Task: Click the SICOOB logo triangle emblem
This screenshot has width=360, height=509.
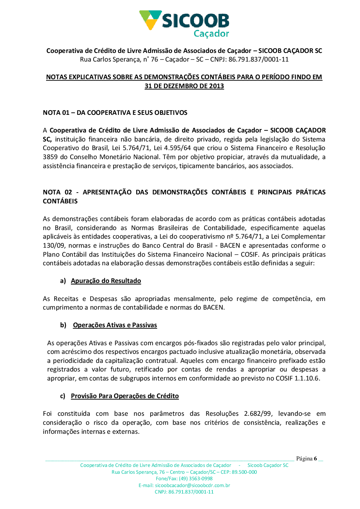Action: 150,19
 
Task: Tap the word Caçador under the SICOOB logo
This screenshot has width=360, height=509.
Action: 211,33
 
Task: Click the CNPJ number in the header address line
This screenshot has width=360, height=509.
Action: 258,59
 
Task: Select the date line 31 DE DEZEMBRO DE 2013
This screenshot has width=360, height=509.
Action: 184,86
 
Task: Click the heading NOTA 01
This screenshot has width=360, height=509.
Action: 56,113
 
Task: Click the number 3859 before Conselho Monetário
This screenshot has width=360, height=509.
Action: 50,157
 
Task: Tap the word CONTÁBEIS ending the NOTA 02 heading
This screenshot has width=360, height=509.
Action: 60,201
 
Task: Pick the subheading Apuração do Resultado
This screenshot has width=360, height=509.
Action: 106,281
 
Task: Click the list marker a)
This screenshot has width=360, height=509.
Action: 63,281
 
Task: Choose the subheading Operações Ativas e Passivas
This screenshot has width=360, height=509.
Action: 115,325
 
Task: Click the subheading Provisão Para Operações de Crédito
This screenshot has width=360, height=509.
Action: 125,396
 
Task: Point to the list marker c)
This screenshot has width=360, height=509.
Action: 63,396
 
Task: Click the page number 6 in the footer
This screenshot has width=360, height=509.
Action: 315,459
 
